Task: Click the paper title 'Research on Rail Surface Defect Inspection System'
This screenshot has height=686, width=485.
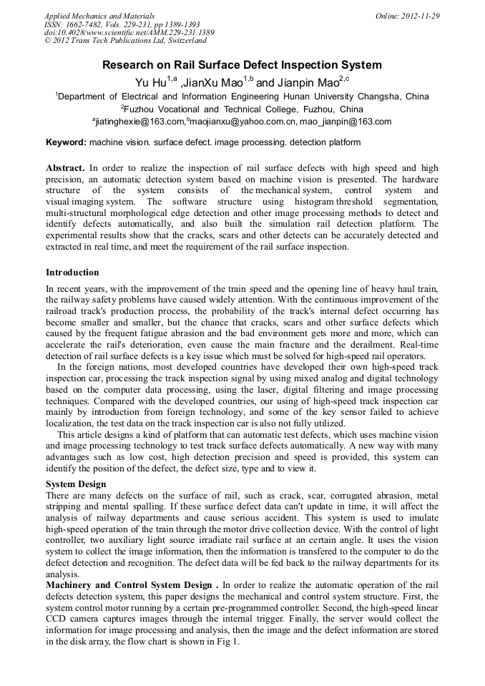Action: (x=242, y=65)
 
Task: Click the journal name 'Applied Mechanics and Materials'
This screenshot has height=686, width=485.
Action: (x=99, y=16)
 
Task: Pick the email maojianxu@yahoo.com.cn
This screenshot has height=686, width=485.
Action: (x=251, y=122)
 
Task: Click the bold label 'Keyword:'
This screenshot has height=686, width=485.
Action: (x=66, y=143)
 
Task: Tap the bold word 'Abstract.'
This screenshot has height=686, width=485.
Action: (x=65, y=168)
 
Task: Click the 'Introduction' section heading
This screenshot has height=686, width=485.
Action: (x=72, y=273)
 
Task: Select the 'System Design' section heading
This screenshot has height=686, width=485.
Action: (x=76, y=484)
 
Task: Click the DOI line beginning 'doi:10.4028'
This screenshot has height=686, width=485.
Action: (x=129, y=33)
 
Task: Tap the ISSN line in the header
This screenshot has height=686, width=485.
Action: (x=122, y=24)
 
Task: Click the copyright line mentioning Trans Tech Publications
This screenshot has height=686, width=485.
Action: (x=125, y=41)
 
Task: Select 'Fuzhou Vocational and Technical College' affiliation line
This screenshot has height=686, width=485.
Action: (x=242, y=109)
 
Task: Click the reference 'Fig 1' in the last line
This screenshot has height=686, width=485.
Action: (x=227, y=642)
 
